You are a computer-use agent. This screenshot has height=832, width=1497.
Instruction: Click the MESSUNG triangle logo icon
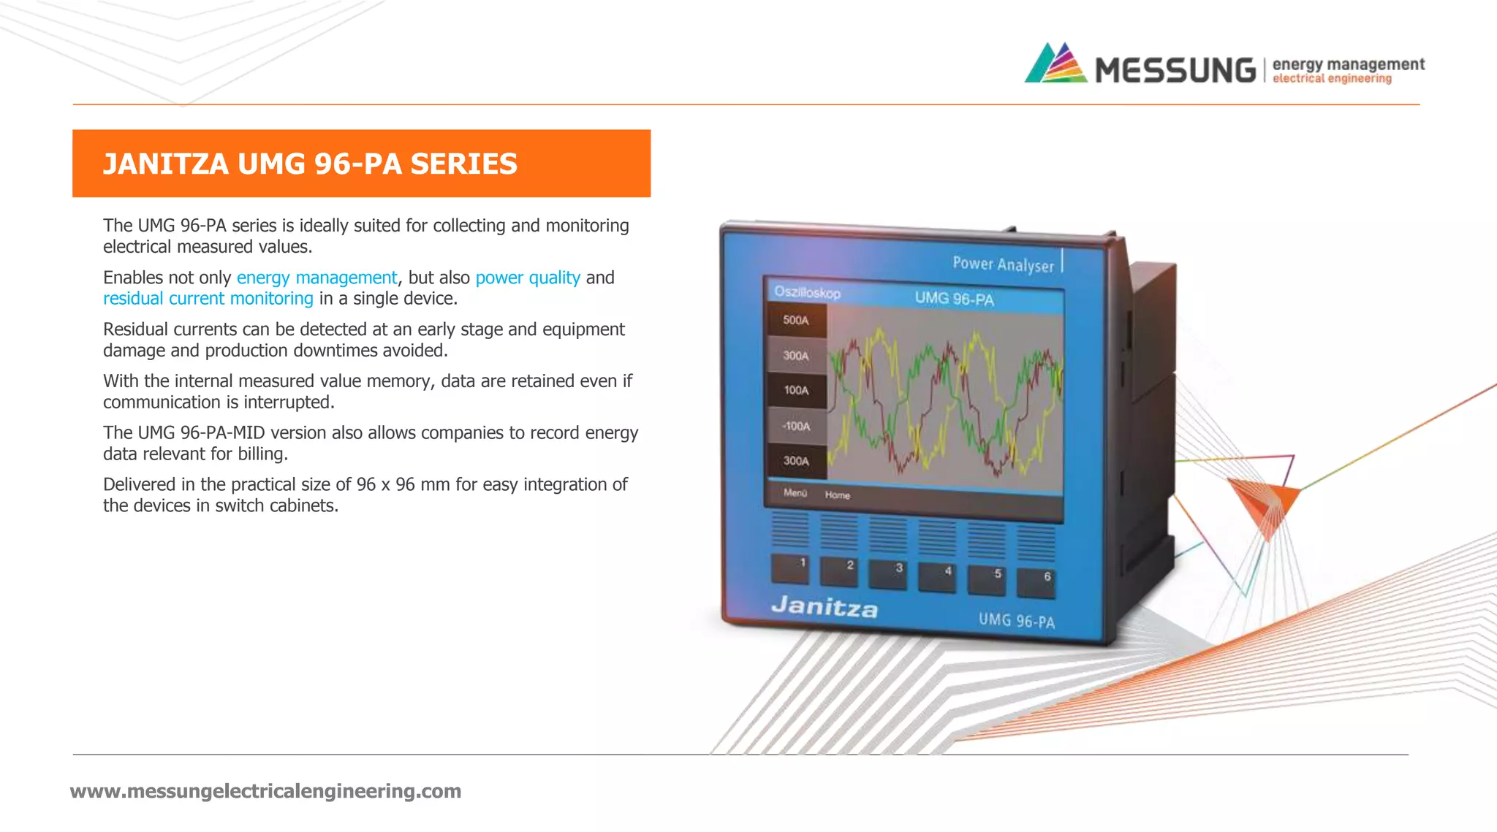(x=1056, y=64)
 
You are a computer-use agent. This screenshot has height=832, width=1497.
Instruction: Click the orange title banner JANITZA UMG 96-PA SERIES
(x=361, y=164)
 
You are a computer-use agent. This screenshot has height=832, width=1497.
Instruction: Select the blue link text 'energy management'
(x=317, y=278)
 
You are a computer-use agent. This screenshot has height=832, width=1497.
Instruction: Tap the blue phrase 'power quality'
(x=528, y=278)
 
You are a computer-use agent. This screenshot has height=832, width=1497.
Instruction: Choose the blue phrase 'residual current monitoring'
(x=208, y=299)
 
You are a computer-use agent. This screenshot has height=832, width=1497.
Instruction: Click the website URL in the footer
(x=265, y=791)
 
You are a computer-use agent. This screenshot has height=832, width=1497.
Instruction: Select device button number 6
(x=1036, y=582)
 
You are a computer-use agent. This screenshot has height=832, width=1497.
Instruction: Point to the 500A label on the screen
(x=796, y=320)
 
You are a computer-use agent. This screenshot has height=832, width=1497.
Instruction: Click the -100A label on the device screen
(x=796, y=426)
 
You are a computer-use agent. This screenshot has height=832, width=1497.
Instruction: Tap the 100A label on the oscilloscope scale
(x=796, y=390)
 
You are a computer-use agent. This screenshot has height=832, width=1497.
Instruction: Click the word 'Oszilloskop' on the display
(x=807, y=292)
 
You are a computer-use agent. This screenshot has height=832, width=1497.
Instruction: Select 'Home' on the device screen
(x=838, y=495)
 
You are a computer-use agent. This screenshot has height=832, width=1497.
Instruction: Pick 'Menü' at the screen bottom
(x=795, y=493)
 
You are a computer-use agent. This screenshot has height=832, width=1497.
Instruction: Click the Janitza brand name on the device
(x=825, y=606)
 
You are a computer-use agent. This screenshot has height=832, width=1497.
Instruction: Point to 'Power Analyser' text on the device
(x=1003, y=264)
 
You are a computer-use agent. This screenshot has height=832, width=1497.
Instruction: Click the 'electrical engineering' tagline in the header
(x=1332, y=79)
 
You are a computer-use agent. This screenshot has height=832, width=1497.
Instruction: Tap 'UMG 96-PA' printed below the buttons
(x=1017, y=621)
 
